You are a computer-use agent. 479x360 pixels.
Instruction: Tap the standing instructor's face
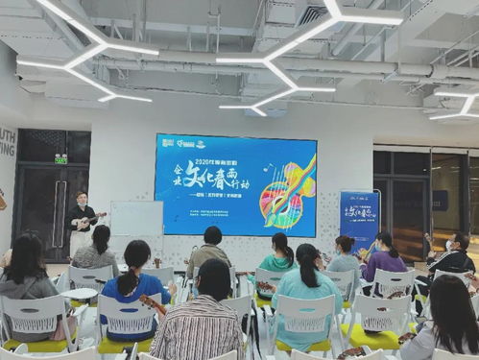click(81, 199)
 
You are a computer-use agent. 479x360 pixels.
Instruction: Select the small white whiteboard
click(136, 220)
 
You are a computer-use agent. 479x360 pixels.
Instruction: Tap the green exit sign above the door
click(60, 158)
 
